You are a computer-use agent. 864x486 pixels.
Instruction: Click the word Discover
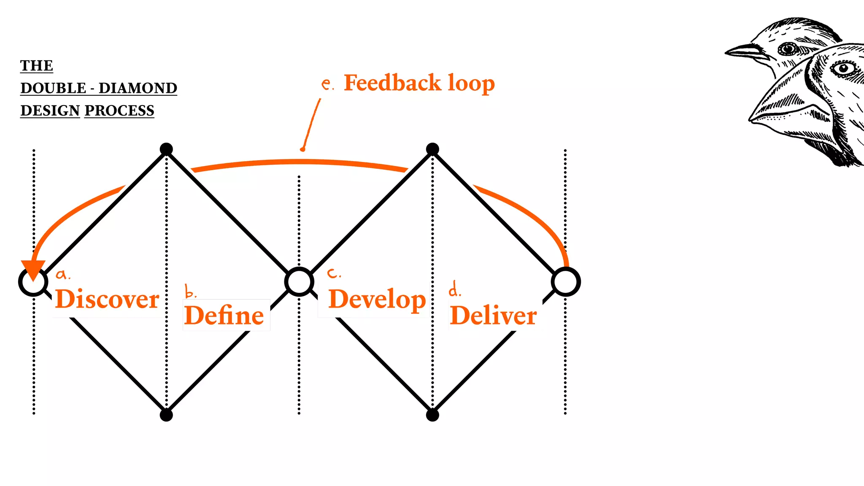pos(107,299)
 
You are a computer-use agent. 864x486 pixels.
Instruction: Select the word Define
pos(224,316)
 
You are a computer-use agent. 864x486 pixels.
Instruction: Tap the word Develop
pos(377,300)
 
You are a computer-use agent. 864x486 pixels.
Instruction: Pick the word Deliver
pos(493,316)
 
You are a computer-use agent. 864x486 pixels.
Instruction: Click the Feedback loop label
pos(419,83)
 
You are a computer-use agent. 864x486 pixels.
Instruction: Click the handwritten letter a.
pos(62,275)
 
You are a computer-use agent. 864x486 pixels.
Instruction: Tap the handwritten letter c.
pos(333,273)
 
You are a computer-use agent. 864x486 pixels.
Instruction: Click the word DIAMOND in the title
pos(138,88)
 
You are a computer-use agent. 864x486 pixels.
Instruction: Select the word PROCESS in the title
pos(119,111)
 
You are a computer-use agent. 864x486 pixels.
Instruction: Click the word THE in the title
pos(37,66)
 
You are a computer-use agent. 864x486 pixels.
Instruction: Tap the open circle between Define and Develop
pos(299,281)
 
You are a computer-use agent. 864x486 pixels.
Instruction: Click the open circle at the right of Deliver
pos(566,282)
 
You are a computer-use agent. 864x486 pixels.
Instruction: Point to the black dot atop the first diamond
pos(166,149)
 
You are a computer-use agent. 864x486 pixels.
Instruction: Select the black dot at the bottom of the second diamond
pos(432,415)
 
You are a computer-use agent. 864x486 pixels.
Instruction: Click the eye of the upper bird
pos(786,49)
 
